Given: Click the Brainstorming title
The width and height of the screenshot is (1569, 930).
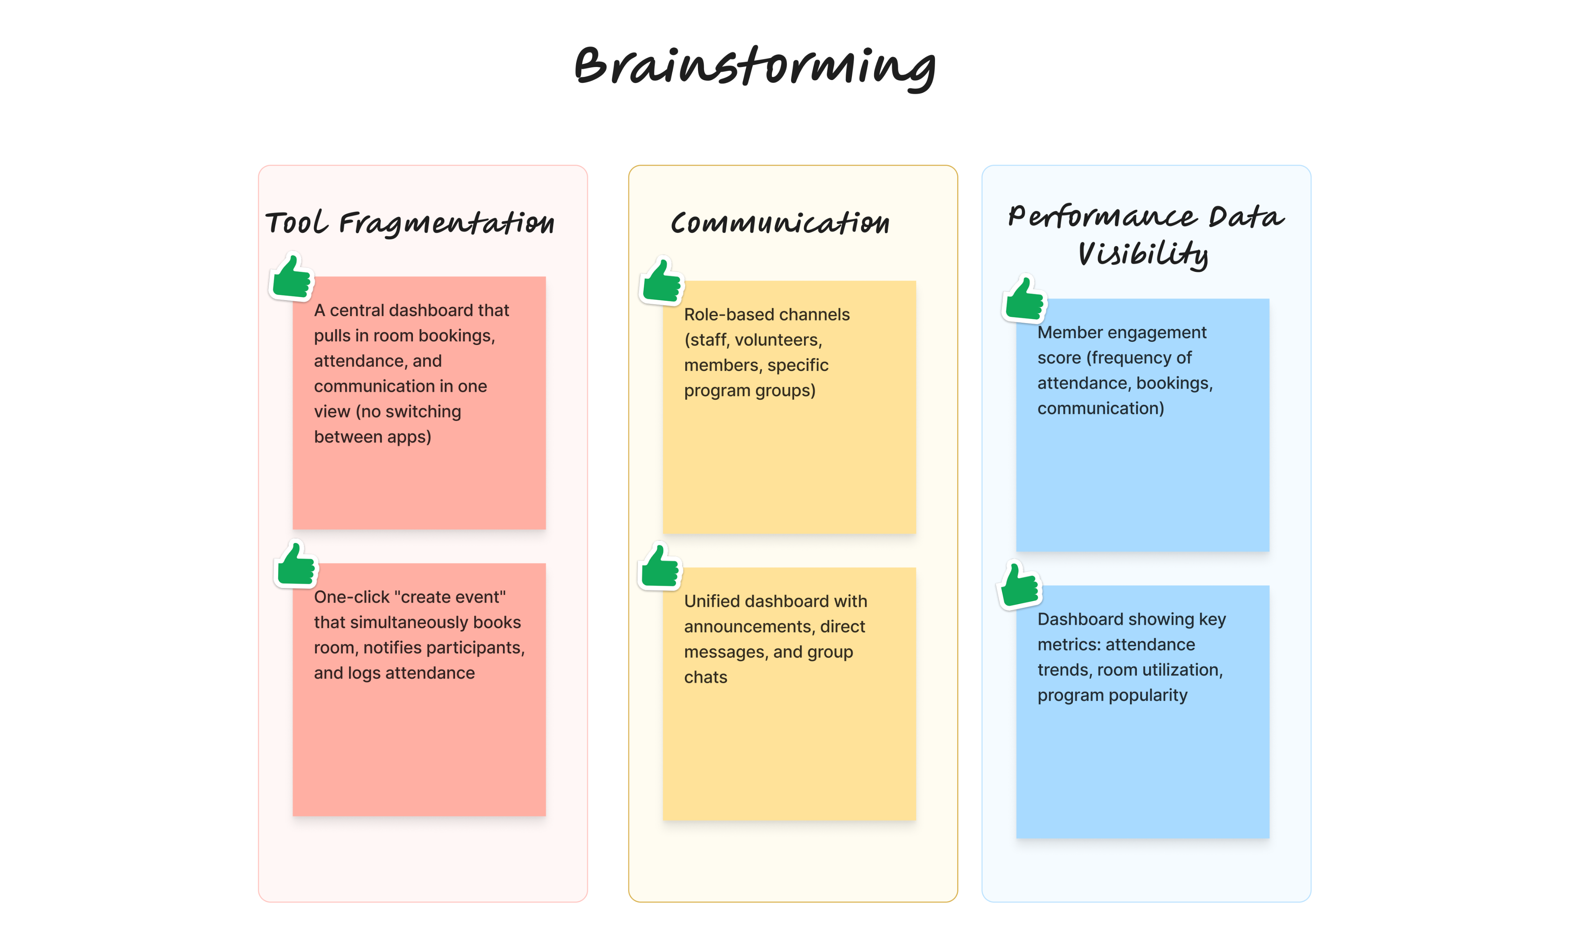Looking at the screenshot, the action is point(755,68).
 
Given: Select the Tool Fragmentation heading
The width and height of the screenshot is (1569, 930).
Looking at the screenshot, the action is point(410,223).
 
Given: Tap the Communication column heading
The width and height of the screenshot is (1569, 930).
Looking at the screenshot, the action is point(780,222).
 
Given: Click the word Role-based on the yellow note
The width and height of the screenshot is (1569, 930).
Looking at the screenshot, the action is point(720,315).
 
